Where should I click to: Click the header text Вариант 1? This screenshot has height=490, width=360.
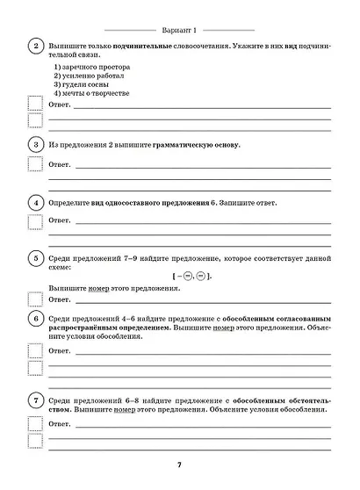point(181,28)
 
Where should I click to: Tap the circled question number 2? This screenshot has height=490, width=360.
point(37,46)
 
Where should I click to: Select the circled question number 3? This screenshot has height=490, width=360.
point(37,144)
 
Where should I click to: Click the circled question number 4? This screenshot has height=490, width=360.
point(37,204)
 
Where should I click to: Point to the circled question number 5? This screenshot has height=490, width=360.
point(37,259)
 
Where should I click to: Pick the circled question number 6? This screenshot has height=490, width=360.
point(37,318)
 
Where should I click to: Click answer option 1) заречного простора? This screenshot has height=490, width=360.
point(91,68)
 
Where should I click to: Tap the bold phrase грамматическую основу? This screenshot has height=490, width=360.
point(198,144)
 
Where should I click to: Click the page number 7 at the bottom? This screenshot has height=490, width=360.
point(180,465)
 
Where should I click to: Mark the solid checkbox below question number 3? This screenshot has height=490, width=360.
point(35,163)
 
